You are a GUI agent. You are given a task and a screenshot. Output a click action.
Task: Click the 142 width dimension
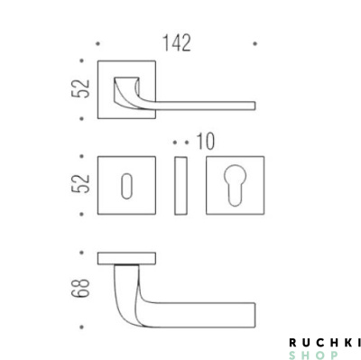tap(177, 43)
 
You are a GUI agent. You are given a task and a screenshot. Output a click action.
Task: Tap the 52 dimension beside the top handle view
tap(80, 88)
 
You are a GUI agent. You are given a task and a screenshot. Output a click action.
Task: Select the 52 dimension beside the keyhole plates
tap(80, 183)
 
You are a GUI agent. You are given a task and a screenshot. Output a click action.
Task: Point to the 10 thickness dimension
tap(206, 142)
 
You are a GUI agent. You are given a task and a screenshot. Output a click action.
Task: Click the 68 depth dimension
tap(80, 288)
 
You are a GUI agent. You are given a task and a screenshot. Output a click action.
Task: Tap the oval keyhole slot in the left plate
tap(126, 186)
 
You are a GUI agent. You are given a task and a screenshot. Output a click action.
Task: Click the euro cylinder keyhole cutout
tap(236, 185)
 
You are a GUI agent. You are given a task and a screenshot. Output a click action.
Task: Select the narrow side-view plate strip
tap(180, 185)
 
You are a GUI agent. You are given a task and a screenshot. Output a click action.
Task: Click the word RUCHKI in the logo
tap(325, 342)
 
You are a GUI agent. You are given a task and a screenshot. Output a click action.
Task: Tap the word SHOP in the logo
tap(313, 355)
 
